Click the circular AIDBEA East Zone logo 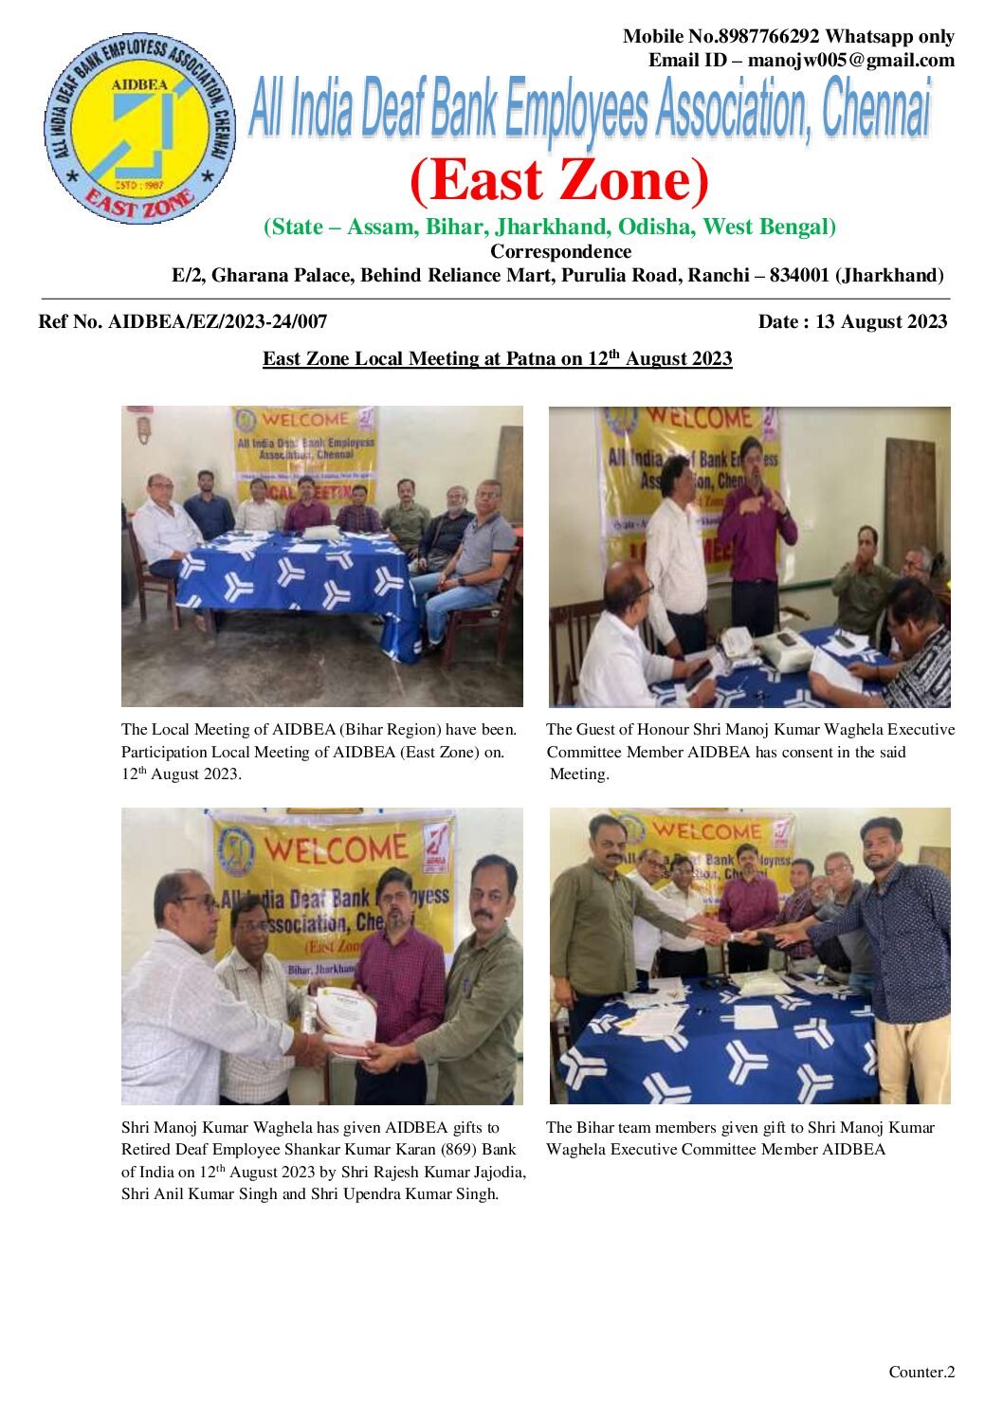(138, 130)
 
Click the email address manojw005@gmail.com (850, 61)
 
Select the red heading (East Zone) (558, 180)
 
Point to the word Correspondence (560, 251)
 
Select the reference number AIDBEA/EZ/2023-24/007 (218, 321)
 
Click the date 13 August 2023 (881, 321)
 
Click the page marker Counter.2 (921, 1372)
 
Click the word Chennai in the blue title (875, 109)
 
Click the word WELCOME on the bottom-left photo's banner (337, 847)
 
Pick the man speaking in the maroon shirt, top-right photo (756, 531)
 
